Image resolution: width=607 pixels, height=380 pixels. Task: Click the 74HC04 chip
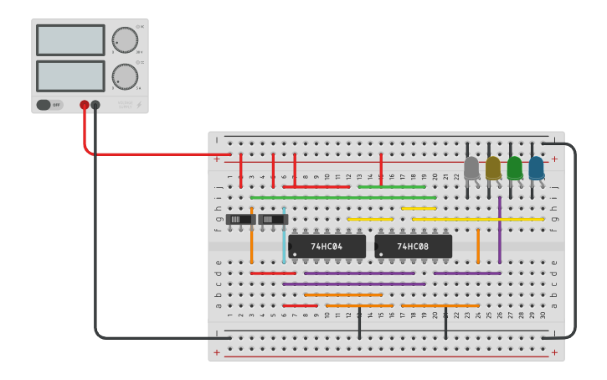click(x=327, y=247)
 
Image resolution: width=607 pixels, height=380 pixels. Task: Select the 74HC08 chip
click(x=414, y=247)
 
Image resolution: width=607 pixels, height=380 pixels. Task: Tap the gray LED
click(x=471, y=169)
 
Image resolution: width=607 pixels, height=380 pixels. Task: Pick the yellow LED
click(x=493, y=169)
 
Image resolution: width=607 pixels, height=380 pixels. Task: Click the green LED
click(x=514, y=169)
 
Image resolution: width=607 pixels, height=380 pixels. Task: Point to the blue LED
click(x=536, y=169)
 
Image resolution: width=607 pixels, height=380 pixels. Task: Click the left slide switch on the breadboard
click(x=240, y=220)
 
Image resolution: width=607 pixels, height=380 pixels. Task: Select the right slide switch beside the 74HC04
click(x=273, y=220)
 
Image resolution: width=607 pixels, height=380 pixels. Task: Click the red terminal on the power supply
click(x=85, y=105)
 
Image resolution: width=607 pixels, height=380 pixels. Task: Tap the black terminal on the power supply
click(x=95, y=105)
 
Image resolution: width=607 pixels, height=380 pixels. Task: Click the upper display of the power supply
click(x=70, y=40)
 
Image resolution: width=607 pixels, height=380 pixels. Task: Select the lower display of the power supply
click(x=70, y=76)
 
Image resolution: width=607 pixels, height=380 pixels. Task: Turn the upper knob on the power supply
click(x=125, y=39)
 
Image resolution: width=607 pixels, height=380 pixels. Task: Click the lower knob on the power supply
click(x=125, y=76)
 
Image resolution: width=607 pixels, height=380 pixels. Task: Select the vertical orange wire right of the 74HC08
click(x=478, y=245)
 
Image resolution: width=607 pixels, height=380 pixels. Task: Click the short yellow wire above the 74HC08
click(x=419, y=208)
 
